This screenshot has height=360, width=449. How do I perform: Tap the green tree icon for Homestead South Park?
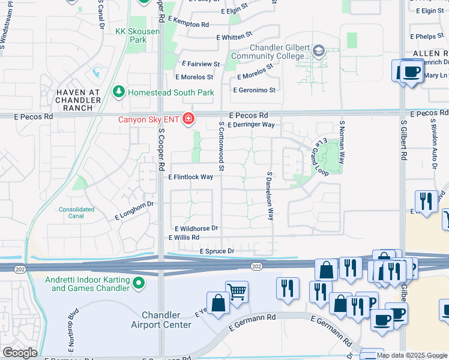119,92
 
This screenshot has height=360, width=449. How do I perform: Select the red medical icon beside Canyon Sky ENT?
188,119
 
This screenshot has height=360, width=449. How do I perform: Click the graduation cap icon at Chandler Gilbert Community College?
318,51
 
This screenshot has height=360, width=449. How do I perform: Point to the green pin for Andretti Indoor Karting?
139,282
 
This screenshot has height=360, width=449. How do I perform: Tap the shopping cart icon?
237,292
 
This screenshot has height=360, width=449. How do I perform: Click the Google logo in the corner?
20,353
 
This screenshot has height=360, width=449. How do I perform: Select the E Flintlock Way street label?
191,177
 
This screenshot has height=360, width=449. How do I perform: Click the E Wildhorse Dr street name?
196,229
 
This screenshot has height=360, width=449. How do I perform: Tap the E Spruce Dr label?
217,251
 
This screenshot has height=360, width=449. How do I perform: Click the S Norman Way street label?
342,142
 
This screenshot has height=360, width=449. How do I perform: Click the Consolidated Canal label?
76,213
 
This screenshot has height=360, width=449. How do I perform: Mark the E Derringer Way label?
252,125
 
